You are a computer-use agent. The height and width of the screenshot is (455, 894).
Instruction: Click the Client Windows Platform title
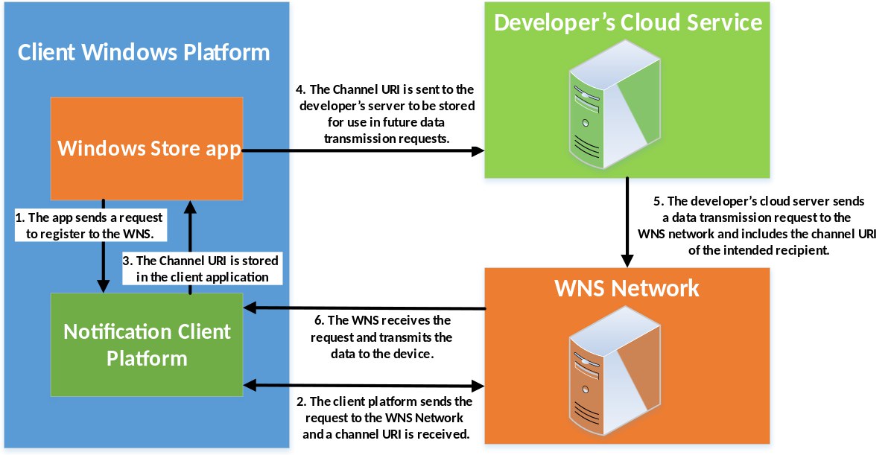144,52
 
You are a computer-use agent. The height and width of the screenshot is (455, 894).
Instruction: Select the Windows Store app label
149,148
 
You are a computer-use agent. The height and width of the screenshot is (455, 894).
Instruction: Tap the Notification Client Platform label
147,345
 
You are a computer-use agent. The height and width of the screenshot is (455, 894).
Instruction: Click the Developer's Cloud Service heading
628,22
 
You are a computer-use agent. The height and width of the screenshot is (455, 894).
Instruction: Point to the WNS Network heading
627,288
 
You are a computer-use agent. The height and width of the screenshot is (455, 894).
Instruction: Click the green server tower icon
615,104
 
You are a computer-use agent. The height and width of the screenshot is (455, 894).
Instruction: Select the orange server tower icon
615,371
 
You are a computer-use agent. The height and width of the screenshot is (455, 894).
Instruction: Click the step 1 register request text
89,226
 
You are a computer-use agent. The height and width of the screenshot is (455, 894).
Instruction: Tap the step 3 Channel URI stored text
200,268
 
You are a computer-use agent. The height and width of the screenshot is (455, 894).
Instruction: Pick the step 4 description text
386,114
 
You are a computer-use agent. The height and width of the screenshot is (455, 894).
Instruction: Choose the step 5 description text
757,226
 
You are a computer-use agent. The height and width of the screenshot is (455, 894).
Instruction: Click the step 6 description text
382,337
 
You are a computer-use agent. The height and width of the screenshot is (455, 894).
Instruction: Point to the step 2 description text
385,418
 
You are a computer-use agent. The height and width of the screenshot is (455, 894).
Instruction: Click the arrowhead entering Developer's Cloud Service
478,151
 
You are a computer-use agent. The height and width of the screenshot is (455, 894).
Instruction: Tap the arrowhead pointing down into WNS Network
627,261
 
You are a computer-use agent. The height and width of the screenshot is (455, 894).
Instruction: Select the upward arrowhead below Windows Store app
191,207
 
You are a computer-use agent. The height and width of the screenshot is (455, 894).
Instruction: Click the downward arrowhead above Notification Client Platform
104,286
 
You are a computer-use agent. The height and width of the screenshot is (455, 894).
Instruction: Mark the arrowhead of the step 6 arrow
250,308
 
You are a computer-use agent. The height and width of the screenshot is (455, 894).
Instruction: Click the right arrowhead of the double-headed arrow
478,386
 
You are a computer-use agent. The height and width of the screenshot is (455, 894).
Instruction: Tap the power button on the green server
586,123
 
